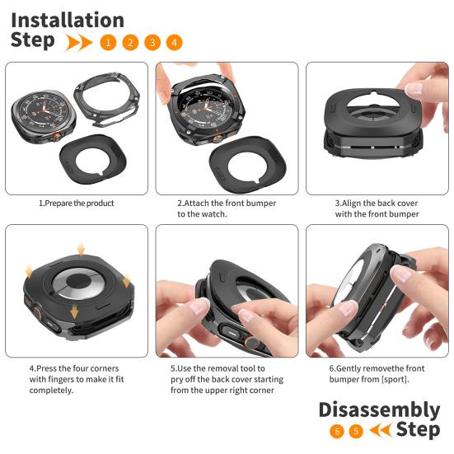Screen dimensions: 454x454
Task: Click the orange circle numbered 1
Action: [x=108, y=42]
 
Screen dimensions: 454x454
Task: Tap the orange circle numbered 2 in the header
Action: [x=130, y=42]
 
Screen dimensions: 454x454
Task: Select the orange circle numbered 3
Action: [x=152, y=42]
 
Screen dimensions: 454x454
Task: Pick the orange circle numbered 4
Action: [x=174, y=42]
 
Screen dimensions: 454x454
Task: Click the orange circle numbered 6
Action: [x=336, y=431]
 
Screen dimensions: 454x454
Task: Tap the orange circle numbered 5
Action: [x=356, y=431]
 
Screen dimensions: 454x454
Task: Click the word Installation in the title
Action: [x=68, y=20]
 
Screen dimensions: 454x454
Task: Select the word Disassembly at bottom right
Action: [x=379, y=410]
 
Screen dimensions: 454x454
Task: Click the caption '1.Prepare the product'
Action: [x=76, y=203]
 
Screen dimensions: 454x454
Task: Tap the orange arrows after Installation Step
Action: [x=79, y=42]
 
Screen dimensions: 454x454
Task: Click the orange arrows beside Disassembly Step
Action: [x=381, y=431]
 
